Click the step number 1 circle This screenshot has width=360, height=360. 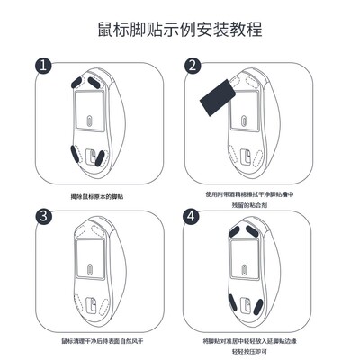coord(41,66)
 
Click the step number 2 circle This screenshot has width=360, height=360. coord(192,66)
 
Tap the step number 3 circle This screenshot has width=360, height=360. coord(41,217)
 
